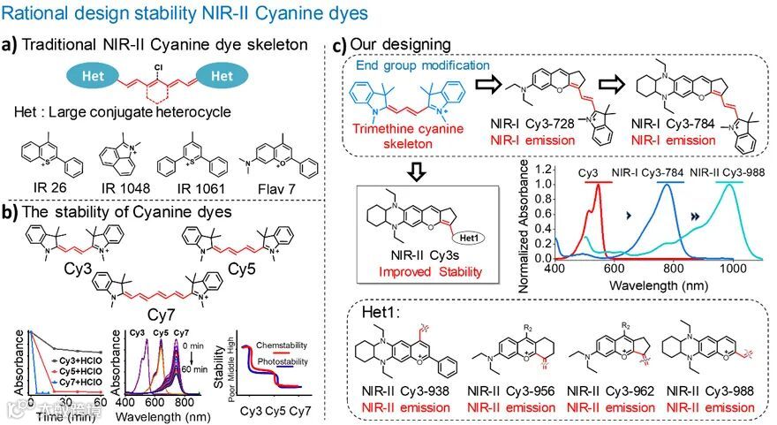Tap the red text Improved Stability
click(x=418, y=272)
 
